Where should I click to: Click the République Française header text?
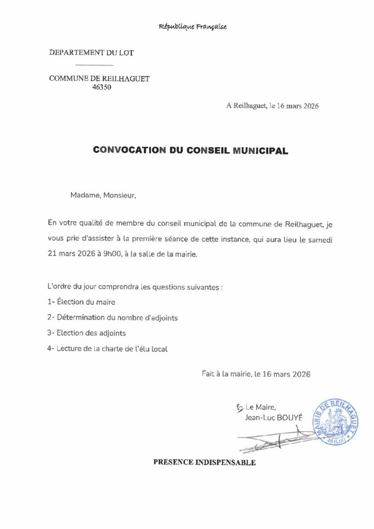coord(193,27)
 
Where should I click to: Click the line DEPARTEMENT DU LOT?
coord(91,53)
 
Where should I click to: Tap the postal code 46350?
coord(101,87)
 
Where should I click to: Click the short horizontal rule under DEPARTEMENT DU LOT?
coord(94,65)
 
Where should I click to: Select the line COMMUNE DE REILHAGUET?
coord(100,79)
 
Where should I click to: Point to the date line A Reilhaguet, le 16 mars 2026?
coord(272,106)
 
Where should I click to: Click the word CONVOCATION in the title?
coord(129,150)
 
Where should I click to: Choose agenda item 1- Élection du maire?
coord(81,302)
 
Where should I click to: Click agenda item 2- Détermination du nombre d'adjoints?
coord(112,318)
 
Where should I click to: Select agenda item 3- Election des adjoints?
coord(86,333)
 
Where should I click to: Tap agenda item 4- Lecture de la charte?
coord(107,349)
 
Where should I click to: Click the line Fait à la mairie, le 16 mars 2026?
coord(256,374)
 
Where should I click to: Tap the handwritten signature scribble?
coord(273,439)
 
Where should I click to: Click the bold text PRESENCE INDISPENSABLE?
coord(204,462)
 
